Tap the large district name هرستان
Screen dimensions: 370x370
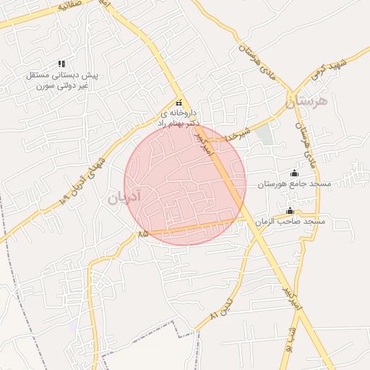[306, 101]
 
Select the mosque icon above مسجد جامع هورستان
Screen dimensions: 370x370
[293, 173]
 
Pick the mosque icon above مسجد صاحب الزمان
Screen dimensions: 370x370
[290, 210]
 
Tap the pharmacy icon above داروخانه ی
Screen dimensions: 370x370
[178, 103]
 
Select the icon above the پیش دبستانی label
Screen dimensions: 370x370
[61, 64]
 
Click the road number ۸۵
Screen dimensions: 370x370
[142, 233]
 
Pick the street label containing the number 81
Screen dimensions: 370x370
[223, 308]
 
